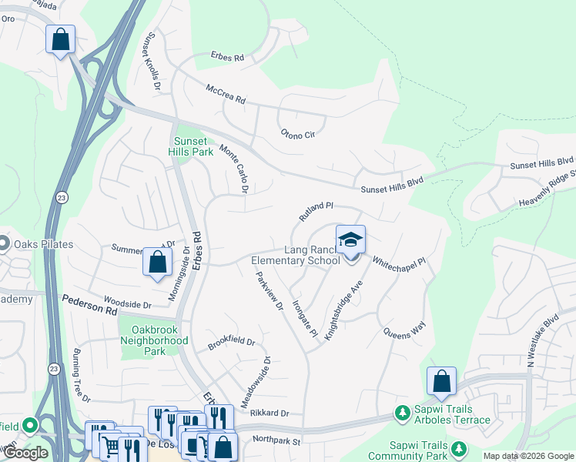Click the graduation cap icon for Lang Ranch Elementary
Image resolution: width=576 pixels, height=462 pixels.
pyautogui.click(x=350, y=239)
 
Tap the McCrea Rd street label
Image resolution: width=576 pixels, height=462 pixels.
pyautogui.click(x=225, y=95)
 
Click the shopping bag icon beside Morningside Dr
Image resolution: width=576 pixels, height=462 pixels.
pyautogui.click(x=158, y=262)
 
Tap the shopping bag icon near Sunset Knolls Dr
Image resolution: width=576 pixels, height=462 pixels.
pyautogui.click(x=61, y=39)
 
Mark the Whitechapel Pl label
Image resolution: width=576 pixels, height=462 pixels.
pyautogui.click(x=399, y=262)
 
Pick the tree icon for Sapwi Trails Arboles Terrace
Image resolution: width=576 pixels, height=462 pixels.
pyautogui.click(x=402, y=413)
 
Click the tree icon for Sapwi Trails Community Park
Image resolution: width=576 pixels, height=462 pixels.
pyautogui.click(x=459, y=447)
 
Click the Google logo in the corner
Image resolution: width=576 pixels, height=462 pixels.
pyautogui.click(x=25, y=453)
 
